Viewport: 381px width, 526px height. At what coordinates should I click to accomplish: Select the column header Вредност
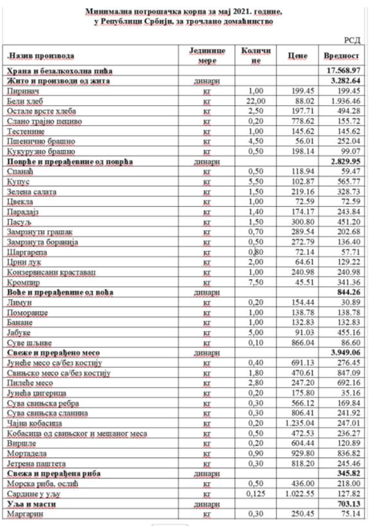341,56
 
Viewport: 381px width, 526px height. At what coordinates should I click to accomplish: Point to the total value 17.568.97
345,70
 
